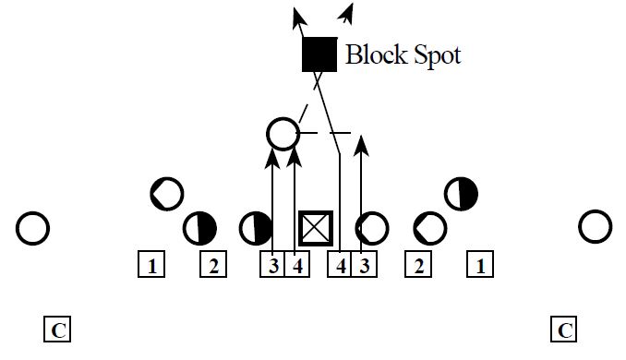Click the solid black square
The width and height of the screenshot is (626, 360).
point(319,54)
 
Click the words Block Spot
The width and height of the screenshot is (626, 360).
point(403,54)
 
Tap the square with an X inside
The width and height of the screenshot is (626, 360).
point(316,227)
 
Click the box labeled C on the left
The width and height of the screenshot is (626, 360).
point(57,330)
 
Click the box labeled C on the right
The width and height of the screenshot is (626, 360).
point(565,330)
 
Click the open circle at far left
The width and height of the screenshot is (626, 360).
point(32,227)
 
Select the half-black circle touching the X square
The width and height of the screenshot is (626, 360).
point(256,227)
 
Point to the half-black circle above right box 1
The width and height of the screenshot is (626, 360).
point(461,194)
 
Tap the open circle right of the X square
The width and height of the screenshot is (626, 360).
point(372,227)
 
